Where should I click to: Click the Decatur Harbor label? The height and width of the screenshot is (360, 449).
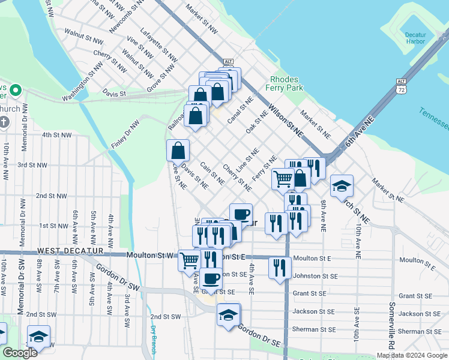(x=415, y=37)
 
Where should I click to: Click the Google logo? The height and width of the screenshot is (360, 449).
(x=20, y=353)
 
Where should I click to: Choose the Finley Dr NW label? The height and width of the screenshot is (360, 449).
(x=125, y=134)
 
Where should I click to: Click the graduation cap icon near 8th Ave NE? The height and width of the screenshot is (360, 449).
(x=342, y=187)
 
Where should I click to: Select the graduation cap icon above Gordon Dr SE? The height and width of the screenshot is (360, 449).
(x=228, y=315)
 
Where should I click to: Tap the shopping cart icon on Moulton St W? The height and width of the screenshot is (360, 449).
(x=188, y=260)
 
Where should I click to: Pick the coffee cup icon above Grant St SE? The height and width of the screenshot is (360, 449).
(x=211, y=278)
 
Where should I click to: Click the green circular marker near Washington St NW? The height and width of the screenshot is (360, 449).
(x=16, y=91)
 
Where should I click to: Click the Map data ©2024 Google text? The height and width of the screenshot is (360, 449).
(x=411, y=355)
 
